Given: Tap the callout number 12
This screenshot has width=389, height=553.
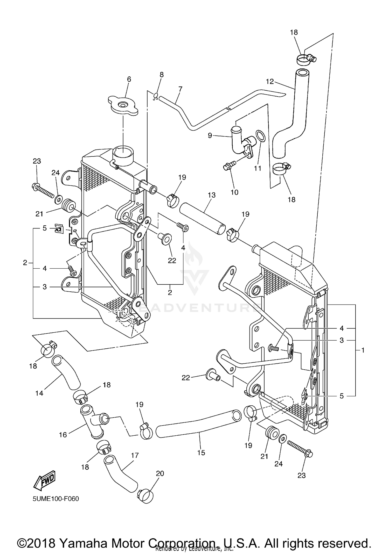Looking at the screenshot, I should [x=270, y=82].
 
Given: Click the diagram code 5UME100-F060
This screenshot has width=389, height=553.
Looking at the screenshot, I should [x=55, y=499].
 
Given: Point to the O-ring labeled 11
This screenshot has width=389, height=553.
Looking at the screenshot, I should [x=260, y=136].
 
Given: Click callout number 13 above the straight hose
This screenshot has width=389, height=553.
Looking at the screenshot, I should [x=212, y=195].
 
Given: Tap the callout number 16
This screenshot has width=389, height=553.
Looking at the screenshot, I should [x=63, y=435].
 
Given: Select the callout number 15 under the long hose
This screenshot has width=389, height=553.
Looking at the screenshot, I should [x=201, y=453].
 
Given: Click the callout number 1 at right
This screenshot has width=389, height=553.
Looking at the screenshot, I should [x=363, y=350].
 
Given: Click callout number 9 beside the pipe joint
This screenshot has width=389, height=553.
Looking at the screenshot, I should [x=210, y=135].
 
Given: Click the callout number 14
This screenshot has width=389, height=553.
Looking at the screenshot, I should [x=39, y=393].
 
